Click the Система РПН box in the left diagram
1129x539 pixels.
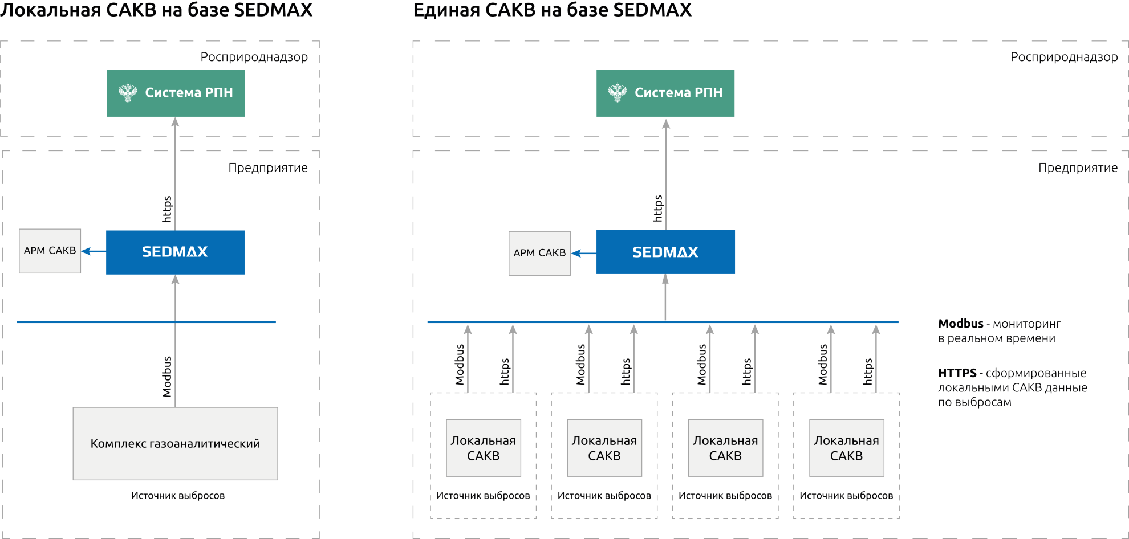[176, 93]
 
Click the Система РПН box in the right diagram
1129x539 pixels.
[665, 93]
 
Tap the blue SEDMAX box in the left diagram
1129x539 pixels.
[175, 252]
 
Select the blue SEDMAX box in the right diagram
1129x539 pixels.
[665, 252]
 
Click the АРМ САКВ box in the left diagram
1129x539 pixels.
[50, 251]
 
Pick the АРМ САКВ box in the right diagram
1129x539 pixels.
[539, 253]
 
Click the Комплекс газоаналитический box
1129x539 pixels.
[175, 443]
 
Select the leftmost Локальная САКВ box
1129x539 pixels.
[484, 448]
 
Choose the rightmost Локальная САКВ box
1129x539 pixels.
[846, 448]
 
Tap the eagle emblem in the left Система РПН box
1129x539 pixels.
[128, 92]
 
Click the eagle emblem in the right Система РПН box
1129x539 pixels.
[617, 92]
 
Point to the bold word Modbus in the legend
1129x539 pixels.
[961, 324]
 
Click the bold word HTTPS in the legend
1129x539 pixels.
[957, 373]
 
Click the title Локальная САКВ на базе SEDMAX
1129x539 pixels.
[156, 10]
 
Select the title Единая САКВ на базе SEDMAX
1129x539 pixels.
[552, 10]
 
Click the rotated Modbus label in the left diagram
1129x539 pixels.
[166, 377]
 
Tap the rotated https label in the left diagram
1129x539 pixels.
[166, 209]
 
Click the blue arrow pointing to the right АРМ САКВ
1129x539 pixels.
[583, 253]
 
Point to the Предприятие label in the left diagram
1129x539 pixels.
[268, 168]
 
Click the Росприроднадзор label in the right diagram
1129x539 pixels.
[1064, 57]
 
